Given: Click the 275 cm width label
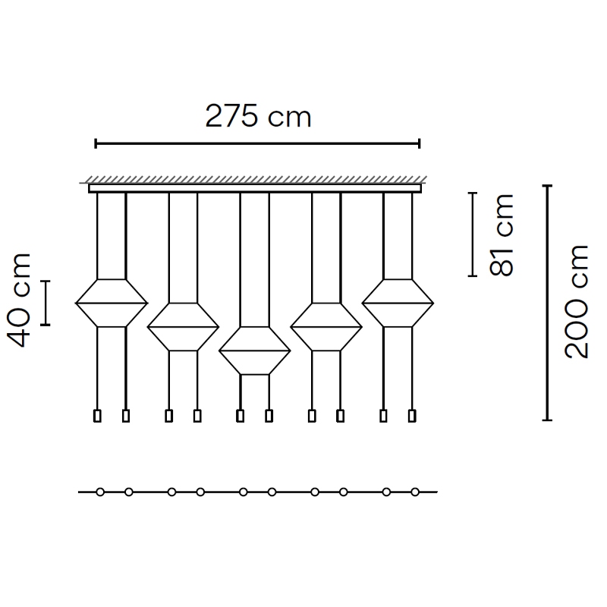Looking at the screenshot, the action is (x=258, y=116).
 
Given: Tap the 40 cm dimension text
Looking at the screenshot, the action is (x=18, y=300).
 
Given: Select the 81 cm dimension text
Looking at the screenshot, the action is (x=501, y=235).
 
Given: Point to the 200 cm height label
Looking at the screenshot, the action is (x=577, y=301).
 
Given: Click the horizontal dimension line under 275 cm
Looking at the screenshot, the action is (x=257, y=144).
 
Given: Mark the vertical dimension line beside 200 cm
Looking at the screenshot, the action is (x=547, y=303).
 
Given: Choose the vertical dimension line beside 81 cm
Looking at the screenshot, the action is (x=472, y=234).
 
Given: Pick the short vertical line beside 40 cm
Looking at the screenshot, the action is (x=46, y=303).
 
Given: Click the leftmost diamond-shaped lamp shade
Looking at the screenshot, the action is (x=112, y=303).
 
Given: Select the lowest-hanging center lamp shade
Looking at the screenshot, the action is (x=255, y=351).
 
